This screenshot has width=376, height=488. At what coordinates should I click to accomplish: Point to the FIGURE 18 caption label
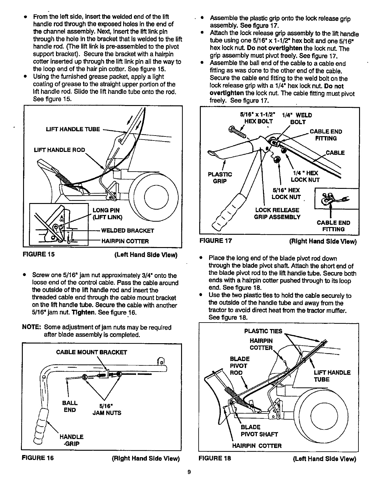pyautogui.click(x=215, y=458)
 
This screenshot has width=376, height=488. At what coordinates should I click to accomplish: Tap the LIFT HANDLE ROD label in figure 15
pyautogui.click(x=59, y=150)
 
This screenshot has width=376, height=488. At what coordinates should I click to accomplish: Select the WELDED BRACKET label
pyautogui.click(x=127, y=231)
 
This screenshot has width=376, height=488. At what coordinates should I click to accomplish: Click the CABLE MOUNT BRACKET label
pyautogui.click(x=91, y=352)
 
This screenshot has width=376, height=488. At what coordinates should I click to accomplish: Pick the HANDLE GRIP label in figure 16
pyautogui.click(x=71, y=440)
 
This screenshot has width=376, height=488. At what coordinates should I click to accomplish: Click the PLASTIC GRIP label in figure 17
pyautogui.click(x=220, y=178)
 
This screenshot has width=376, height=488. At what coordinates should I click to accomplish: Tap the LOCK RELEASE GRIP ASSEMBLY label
pyautogui.click(x=277, y=213)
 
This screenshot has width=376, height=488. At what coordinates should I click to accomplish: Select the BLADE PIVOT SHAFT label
pyautogui.click(x=259, y=431)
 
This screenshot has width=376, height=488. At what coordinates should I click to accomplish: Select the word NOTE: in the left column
pyautogui.click(x=31, y=327)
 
